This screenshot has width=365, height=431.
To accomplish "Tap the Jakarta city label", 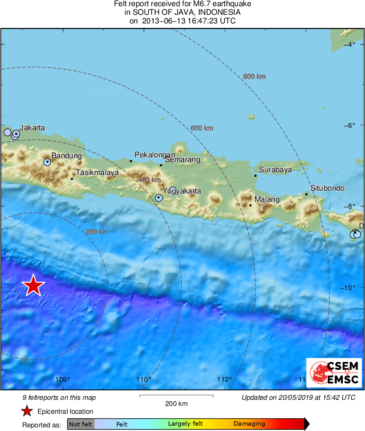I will tap(32, 128).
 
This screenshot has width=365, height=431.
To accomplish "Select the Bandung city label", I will tap(66, 156).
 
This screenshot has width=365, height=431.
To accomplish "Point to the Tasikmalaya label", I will tap(97, 173).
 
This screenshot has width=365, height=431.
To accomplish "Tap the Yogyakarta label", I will tap(182, 191).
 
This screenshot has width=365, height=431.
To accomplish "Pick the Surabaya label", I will tap(275, 169).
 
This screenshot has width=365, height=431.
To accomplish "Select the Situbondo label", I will tap(327, 188).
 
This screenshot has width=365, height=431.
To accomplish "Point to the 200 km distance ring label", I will tap(97, 232).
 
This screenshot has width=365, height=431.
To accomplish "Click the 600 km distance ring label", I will tap(202, 128).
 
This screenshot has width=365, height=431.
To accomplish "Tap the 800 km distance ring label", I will tap(254, 76).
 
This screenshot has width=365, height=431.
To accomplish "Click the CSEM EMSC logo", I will tap(334, 373).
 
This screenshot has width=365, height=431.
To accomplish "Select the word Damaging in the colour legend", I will tap(249, 424).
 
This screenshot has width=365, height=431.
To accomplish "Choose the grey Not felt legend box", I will tap(81, 424).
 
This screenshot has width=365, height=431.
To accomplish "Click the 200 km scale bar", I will tap(176, 396).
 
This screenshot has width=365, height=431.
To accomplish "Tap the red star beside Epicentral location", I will tap(27, 411).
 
